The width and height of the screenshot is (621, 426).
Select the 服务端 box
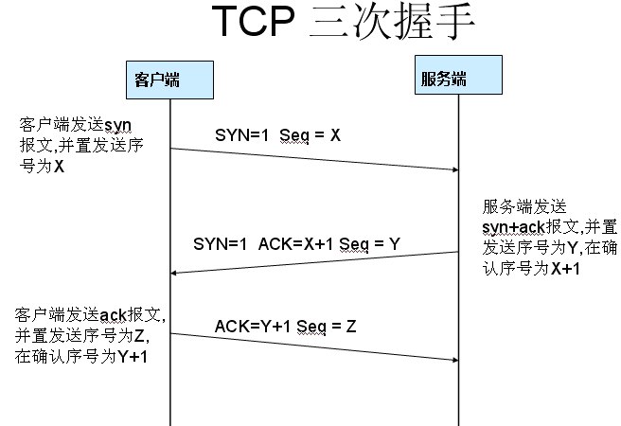point(443,78)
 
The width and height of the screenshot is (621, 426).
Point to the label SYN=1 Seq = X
point(276,134)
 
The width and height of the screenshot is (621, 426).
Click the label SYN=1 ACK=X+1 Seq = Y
point(296,243)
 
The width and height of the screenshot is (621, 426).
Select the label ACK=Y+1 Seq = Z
point(285,327)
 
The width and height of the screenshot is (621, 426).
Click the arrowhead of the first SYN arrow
point(453,170)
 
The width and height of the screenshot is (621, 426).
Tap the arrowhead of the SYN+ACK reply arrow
point(175,274)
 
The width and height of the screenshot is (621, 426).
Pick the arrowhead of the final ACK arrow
point(453,359)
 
